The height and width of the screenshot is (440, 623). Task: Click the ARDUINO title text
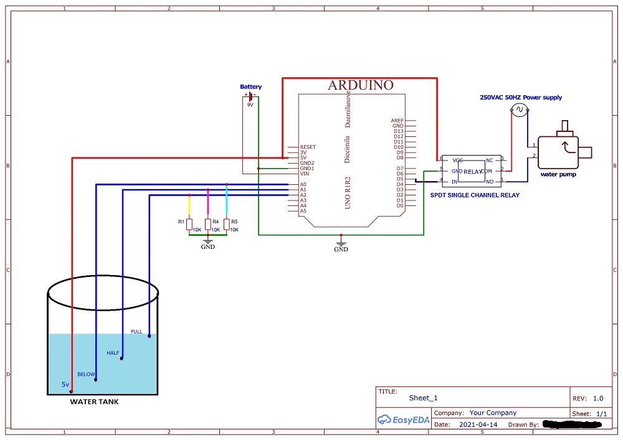click(x=361, y=85)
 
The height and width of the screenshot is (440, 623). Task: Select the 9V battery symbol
click(x=250, y=96)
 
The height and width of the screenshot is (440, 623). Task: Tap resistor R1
click(x=189, y=224)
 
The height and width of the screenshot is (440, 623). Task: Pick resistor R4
click(x=207, y=224)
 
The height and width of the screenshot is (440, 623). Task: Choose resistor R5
click(x=226, y=224)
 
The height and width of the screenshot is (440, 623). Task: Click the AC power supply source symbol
click(x=520, y=110)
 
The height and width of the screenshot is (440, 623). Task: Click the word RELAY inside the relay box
click(x=473, y=171)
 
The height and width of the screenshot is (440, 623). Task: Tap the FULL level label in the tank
click(x=136, y=331)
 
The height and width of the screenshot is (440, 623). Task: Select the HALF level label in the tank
click(x=113, y=353)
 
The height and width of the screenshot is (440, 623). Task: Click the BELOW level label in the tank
click(x=86, y=374)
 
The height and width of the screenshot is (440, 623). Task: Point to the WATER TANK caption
click(x=94, y=402)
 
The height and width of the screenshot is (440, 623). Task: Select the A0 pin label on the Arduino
click(x=303, y=185)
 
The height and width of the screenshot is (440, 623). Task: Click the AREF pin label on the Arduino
click(x=397, y=121)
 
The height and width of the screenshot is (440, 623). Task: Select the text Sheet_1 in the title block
click(x=424, y=398)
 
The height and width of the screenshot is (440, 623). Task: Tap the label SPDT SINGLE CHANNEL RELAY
click(x=475, y=195)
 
